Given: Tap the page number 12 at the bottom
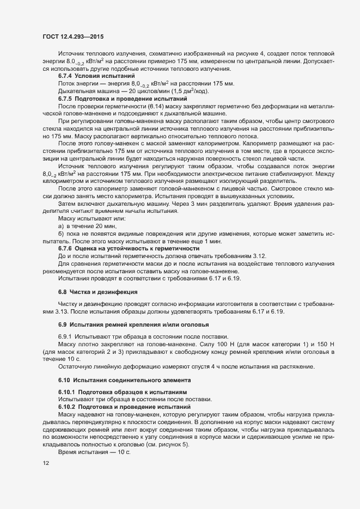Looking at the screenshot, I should coord(45,463).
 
